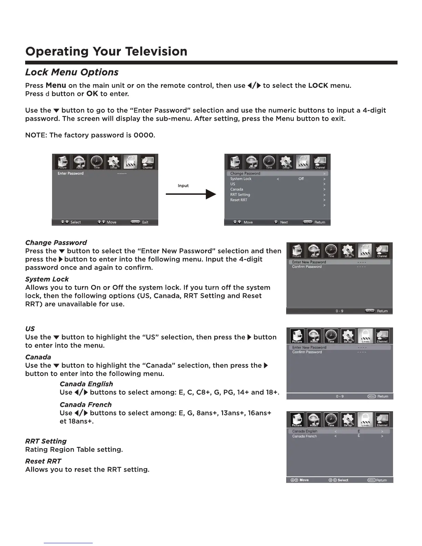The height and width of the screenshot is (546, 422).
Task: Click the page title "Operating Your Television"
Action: point(106,51)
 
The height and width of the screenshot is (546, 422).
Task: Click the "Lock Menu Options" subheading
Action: point(72,72)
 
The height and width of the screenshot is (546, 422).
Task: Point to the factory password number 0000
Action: point(144,135)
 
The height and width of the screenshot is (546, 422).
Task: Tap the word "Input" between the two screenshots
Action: point(183,185)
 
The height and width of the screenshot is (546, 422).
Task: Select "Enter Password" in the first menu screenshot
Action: point(71,173)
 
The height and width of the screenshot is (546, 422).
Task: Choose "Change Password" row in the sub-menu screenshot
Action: point(245,173)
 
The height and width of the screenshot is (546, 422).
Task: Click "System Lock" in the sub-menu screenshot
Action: point(241,179)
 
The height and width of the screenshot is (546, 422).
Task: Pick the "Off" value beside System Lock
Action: point(301,179)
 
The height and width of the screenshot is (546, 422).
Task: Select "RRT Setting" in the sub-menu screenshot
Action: point(240,195)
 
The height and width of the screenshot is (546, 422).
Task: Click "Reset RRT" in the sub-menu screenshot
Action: point(239,200)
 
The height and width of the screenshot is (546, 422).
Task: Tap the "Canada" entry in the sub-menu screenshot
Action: point(237,189)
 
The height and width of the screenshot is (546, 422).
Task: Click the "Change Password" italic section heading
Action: point(56,242)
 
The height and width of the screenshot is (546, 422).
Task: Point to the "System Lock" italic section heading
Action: point(47,279)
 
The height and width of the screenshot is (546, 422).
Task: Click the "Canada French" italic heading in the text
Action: point(86,404)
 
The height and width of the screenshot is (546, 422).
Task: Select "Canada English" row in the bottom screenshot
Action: point(304,431)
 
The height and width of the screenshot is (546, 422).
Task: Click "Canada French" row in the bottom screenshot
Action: point(304,436)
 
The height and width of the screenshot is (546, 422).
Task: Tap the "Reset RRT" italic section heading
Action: point(43,461)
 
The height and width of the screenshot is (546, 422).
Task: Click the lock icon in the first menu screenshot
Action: point(130,162)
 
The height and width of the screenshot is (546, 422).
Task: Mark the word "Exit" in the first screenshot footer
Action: point(145,222)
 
